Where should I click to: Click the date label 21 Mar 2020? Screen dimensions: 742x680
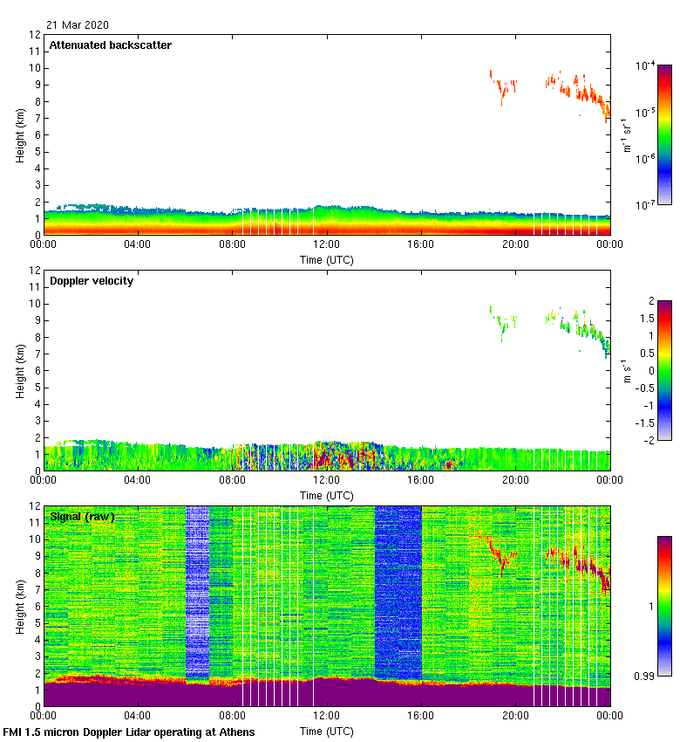click(78, 24)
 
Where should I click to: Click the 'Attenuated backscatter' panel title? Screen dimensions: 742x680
click(110, 45)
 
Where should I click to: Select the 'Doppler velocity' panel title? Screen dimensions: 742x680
click(92, 281)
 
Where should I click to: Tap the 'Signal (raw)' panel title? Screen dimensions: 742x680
click(82, 517)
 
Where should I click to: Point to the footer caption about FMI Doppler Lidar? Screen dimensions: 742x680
click(129, 732)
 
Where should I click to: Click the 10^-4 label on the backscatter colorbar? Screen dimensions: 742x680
click(645, 66)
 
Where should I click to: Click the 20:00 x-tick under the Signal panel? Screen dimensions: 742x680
click(515, 717)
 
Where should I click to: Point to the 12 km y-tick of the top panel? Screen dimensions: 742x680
click(36, 35)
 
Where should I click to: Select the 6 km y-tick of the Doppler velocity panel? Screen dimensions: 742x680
click(36, 370)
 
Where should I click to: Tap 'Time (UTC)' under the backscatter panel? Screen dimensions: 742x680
click(327, 259)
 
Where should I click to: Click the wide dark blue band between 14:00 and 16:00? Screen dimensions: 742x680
click(398, 594)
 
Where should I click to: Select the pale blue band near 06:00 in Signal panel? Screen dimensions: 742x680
click(198, 594)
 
